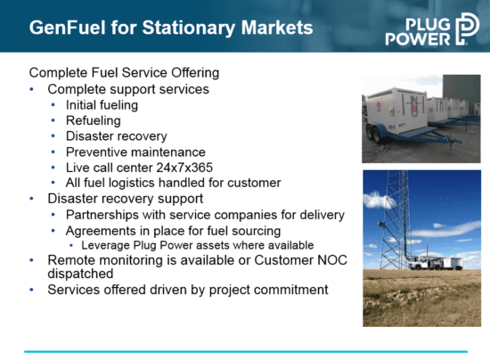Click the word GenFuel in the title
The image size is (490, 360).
[x=68, y=28]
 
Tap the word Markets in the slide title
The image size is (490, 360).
[x=277, y=28]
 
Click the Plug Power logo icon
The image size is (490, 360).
[x=467, y=29]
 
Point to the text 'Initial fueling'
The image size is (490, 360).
[x=102, y=105]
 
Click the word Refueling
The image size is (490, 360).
[x=94, y=120]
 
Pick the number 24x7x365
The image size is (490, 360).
[x=184, y=168]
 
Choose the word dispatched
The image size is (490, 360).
[x=80, y=274]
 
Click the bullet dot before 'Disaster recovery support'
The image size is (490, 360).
[x=31, y=199]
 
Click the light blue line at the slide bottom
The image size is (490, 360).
[x=246, y=352]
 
